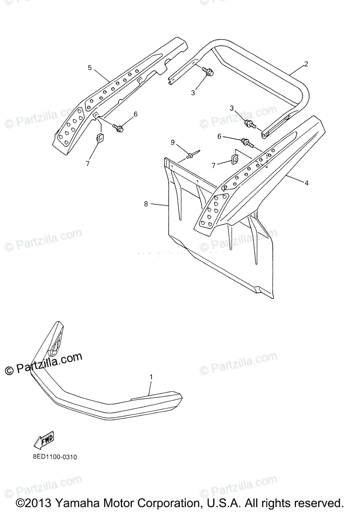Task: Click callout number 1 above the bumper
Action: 151,377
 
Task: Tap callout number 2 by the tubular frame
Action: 306,64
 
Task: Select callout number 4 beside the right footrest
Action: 306,183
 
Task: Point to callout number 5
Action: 90,67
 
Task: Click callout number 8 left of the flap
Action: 146,204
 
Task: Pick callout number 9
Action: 173,142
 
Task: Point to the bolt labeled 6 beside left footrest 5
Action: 118,127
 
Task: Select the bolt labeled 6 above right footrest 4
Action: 247,142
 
